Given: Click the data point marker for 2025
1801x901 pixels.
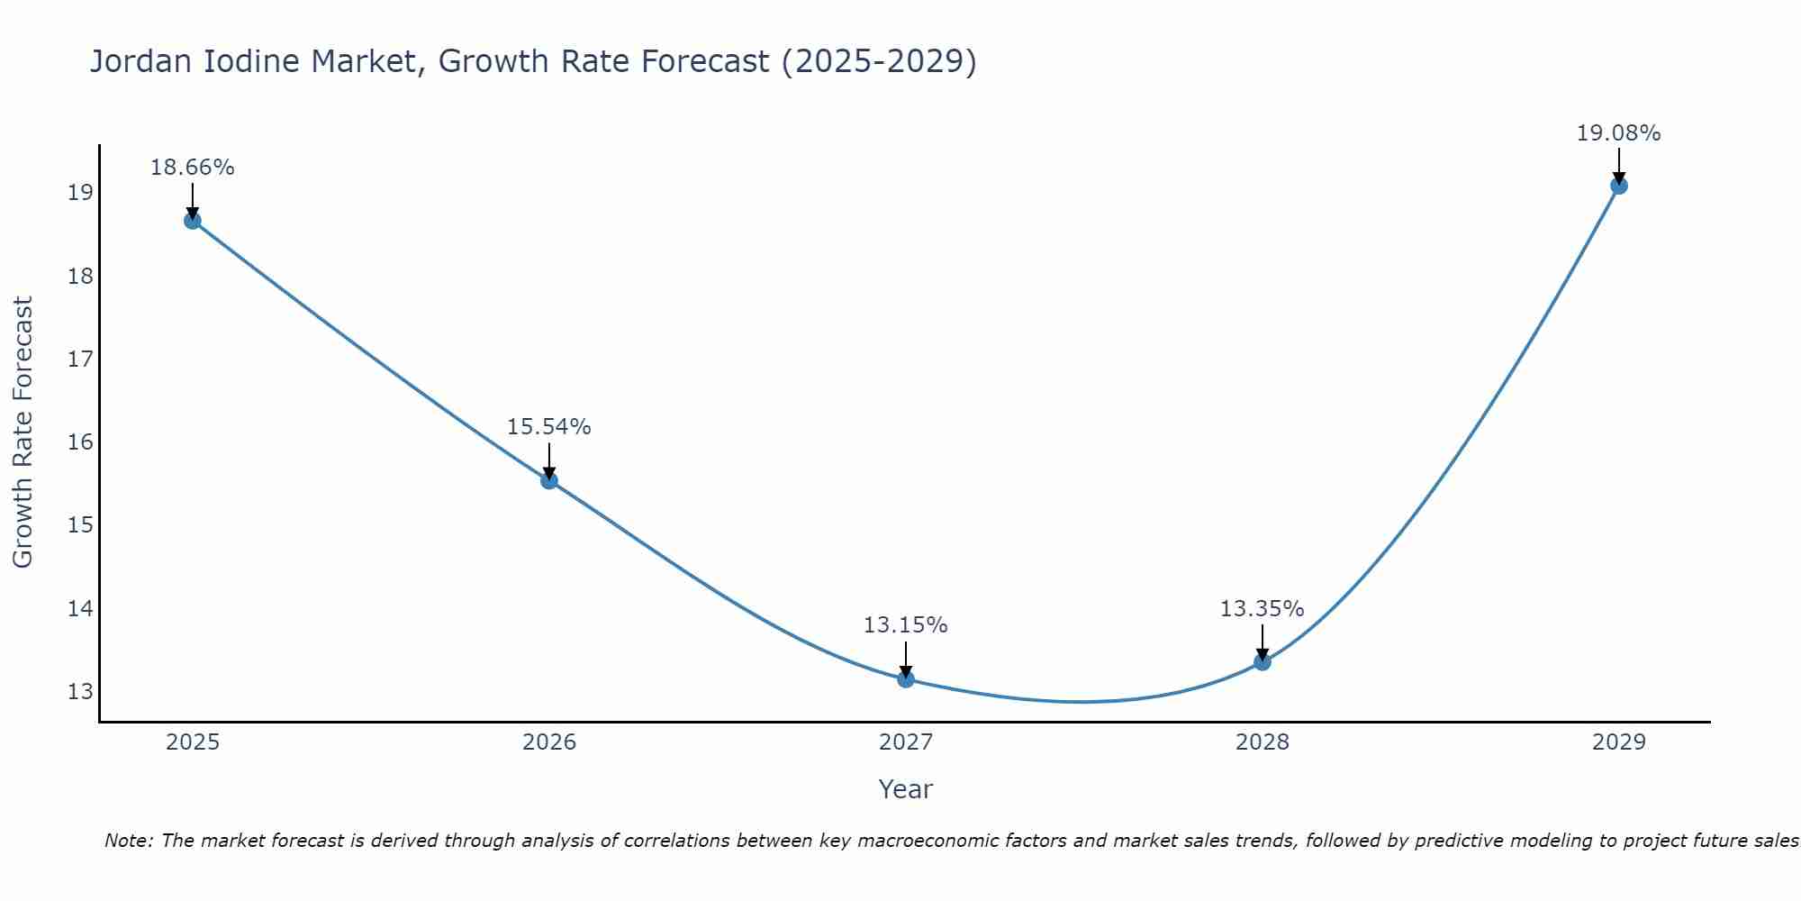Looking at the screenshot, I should pyautogui.click(x=193, y=221).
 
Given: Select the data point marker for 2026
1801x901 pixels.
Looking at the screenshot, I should pyautogui.click(x=549, y=480).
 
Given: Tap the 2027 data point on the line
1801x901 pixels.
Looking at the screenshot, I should pyautogui.click(x=906, y=678).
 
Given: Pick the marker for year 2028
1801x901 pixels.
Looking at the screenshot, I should pyautogui.click(x=1263, y=662).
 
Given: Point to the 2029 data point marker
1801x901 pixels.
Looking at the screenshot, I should pyautogui.click(x=1618, y=186).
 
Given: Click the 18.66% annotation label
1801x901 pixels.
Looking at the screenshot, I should pyautogui.click(x=192, y=168).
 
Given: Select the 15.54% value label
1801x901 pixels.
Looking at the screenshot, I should pyautogui.click(x=548, y=427).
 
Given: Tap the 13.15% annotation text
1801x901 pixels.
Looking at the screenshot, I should pyautogui.click(x=905, y=625).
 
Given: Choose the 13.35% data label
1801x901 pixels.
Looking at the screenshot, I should pyautogui.click(x=1262, y=609).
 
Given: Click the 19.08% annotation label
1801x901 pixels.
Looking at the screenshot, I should pyautogui.click(x=1618, y=133).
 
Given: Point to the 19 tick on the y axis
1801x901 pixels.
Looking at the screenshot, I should pyautogui.click(x=80, y=193).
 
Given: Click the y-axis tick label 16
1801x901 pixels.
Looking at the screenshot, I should pyautogui.click(x=80, y=442).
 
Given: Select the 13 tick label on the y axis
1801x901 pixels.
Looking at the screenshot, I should pyautogui.click(x=80, y=692).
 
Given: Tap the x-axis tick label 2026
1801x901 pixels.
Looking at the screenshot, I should pyautogui.click(x=549, y=742).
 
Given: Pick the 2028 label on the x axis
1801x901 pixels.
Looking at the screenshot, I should pyautogui.click(x=1263, y=742).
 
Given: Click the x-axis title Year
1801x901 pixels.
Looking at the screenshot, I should pyautogui.click(x=905, y=789).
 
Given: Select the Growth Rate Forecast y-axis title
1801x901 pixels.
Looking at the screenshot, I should pyautogui.click(x=23, y=432).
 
